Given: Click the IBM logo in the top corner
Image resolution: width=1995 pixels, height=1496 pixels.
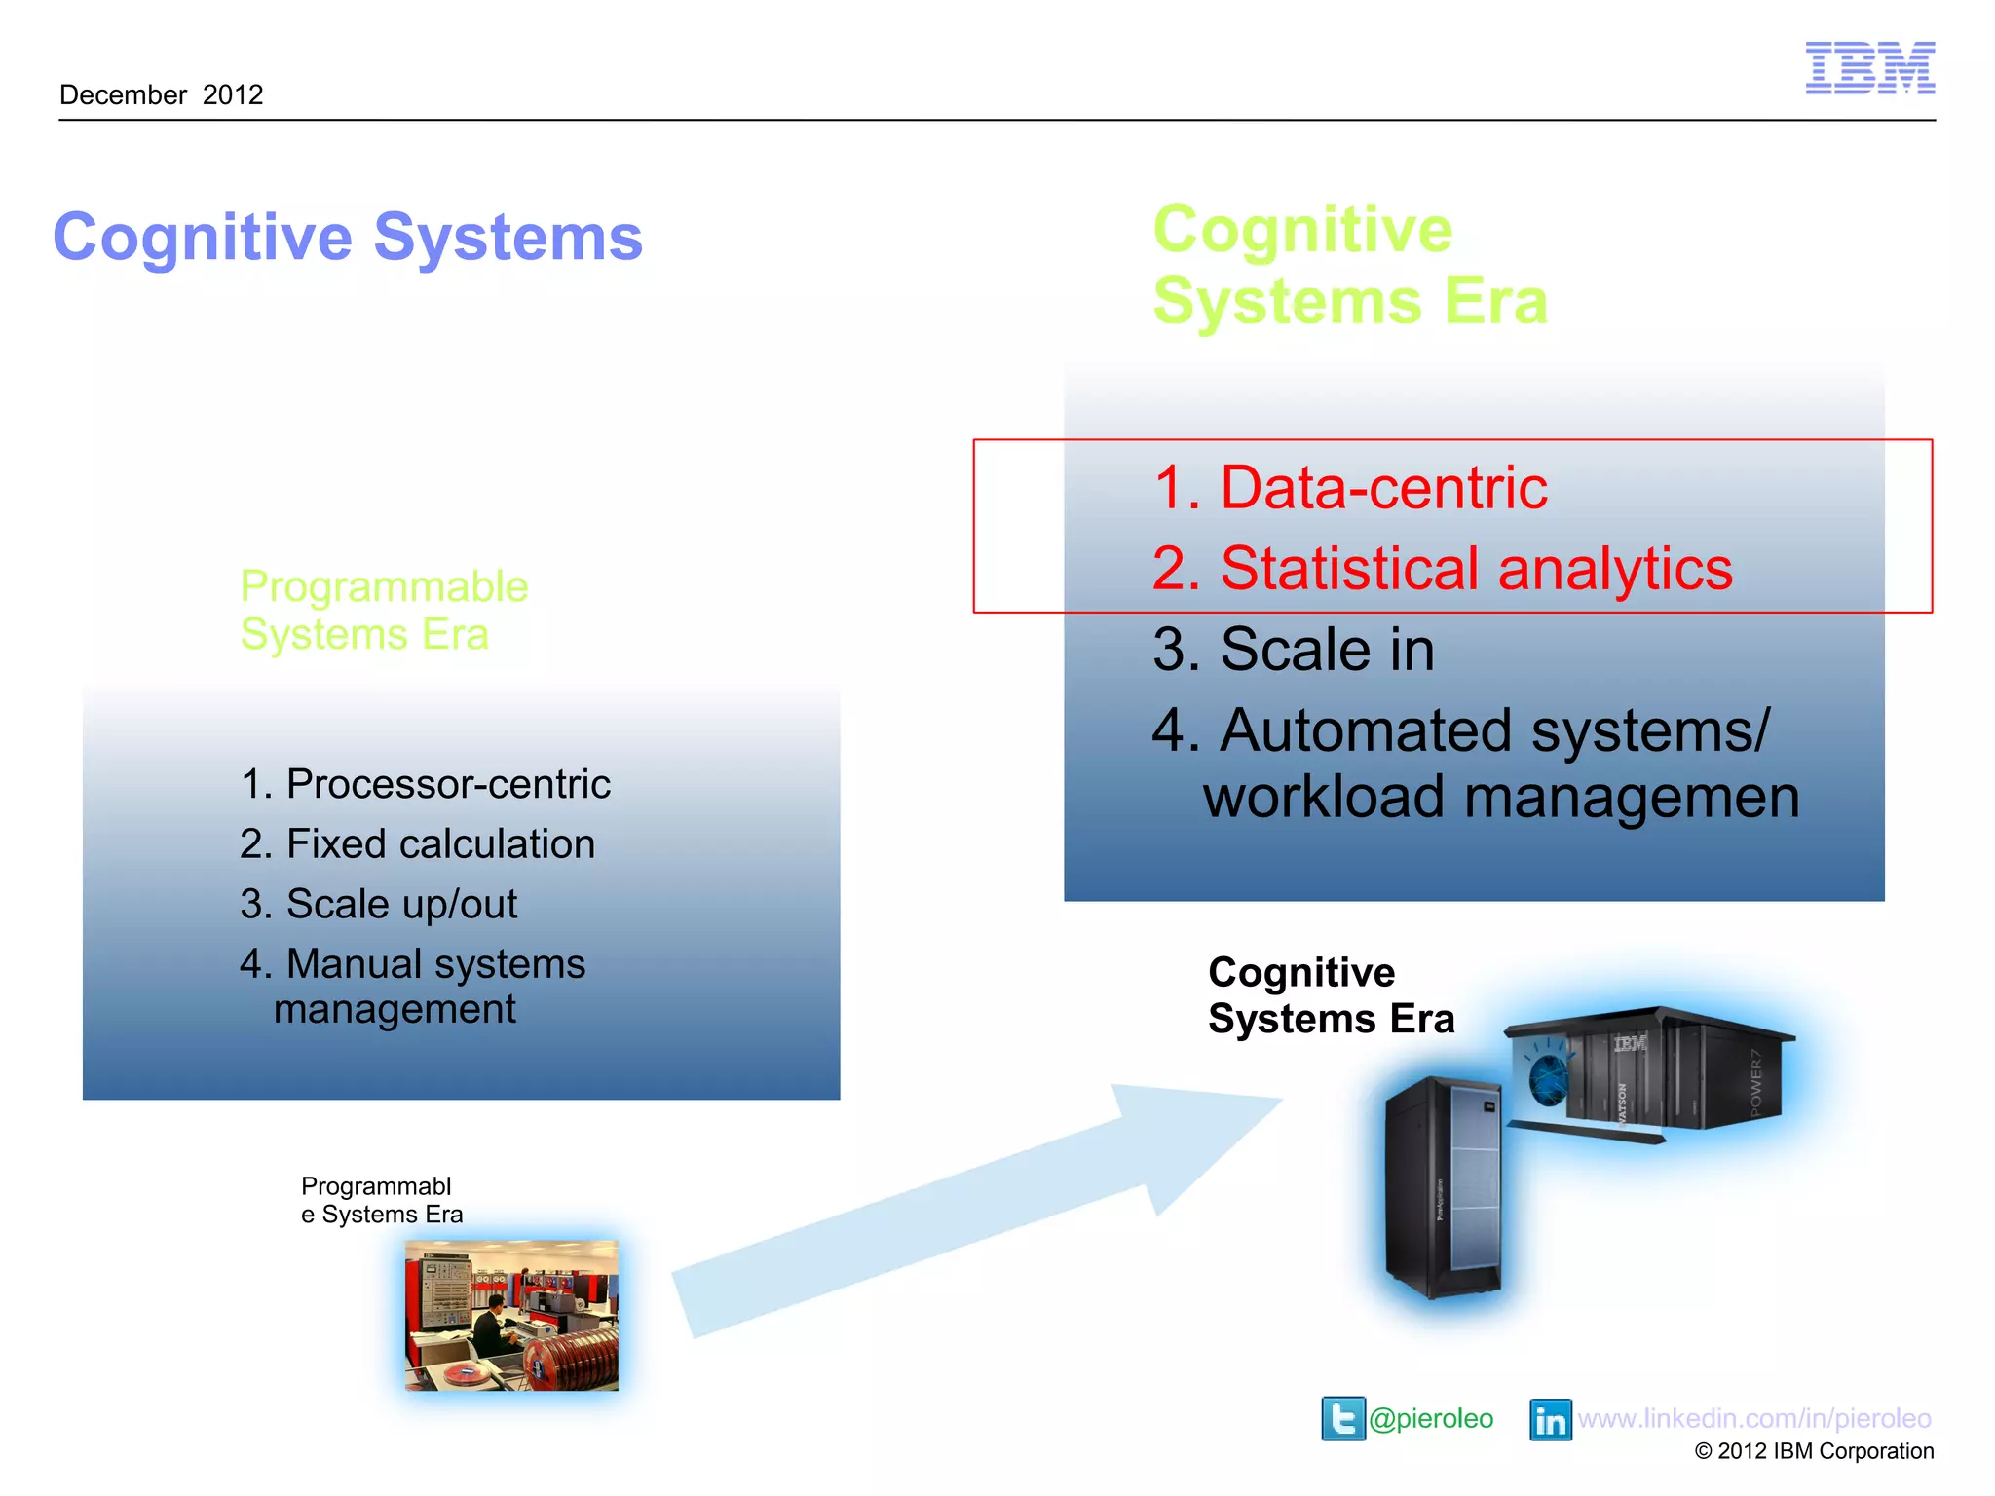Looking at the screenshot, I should click(1869, 68).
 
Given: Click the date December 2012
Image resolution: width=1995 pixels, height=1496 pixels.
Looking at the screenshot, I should click(162, 94).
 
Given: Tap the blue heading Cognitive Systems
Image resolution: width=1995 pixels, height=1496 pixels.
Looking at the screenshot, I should click(348, 237).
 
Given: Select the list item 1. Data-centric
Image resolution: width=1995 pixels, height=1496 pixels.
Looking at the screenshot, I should click(1350, 487).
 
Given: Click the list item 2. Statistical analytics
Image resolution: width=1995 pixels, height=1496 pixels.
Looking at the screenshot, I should click(1442, 568).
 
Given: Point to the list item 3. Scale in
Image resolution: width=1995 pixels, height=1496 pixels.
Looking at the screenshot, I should click(1293, 649).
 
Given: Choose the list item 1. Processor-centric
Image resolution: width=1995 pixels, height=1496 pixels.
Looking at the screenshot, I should click(425, 784).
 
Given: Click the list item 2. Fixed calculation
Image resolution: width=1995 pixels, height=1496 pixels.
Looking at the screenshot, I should click(417, 843).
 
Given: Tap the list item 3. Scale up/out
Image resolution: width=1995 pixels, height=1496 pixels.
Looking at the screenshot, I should click(378, 904).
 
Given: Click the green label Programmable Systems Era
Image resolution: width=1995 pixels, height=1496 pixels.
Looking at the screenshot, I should click(384, 610).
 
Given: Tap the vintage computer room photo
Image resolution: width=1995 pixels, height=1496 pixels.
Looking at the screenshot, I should click(511, 1315).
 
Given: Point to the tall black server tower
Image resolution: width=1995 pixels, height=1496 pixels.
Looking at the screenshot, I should click(1443, 1188).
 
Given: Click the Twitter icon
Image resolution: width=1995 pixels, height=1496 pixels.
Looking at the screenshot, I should click(1342, 1418).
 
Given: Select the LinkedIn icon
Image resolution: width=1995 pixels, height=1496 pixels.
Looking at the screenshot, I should click(1550, 1419).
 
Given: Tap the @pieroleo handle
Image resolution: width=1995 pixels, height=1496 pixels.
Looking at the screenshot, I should click(1430, 1418).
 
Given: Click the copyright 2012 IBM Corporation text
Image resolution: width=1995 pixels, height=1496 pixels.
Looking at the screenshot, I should click(1814, 1451).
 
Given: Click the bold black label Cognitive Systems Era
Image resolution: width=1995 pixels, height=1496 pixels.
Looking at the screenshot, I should click(1331, 995).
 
